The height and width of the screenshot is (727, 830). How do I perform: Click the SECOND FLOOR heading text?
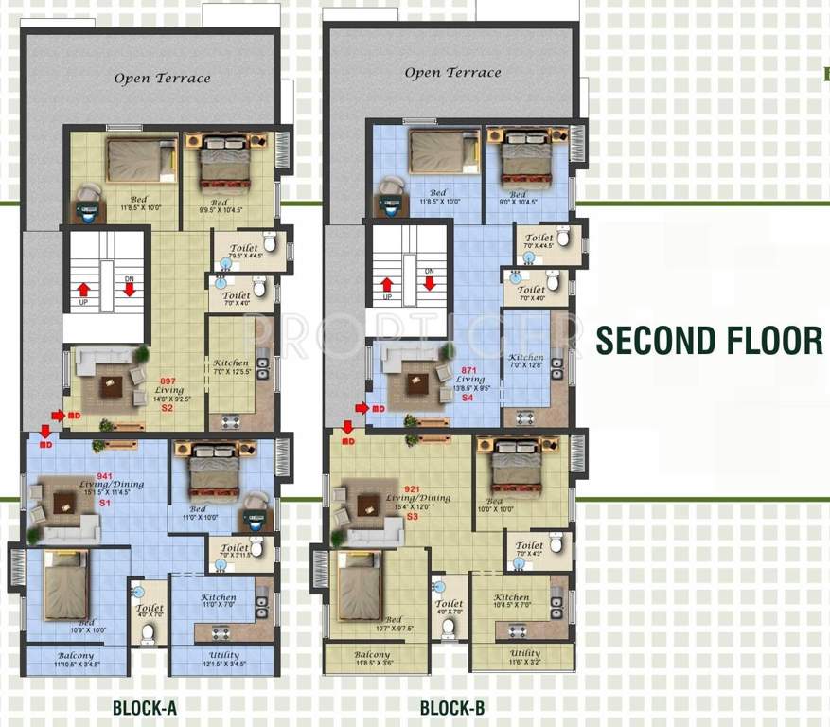point(709,341)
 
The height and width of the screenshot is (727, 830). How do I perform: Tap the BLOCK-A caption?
point(145,707)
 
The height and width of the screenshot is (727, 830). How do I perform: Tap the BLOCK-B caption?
point(453,707)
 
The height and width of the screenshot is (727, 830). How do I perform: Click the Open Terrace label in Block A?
point(162,79)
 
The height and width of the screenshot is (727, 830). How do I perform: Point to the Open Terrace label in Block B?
point(452,73)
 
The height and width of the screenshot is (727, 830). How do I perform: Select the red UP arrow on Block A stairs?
point(84,289)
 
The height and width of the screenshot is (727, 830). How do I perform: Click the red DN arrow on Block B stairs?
point(429,281)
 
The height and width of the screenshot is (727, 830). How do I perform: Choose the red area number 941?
point(104,475)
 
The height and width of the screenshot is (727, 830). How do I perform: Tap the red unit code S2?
point(168,408)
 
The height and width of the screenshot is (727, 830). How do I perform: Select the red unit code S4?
point(467,399)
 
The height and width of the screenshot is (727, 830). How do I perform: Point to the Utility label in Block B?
point(525,653)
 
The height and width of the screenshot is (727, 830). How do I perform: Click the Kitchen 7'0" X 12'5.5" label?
point(231,363)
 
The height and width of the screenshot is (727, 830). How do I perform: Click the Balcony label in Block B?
point(372,655)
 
